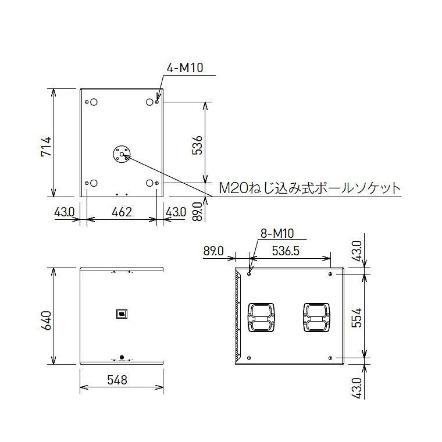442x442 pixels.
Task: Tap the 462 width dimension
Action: point(122,212)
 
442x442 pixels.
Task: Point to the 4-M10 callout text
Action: point(184,68)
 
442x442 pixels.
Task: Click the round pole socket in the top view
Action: point(121,155)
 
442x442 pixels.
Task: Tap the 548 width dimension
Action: point(121,380)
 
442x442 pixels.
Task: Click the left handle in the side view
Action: point(262,317)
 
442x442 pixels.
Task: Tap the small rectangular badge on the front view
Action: point(121,313)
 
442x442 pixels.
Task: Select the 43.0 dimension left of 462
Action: point(65,212)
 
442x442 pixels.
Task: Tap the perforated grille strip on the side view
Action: point(237,317)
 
